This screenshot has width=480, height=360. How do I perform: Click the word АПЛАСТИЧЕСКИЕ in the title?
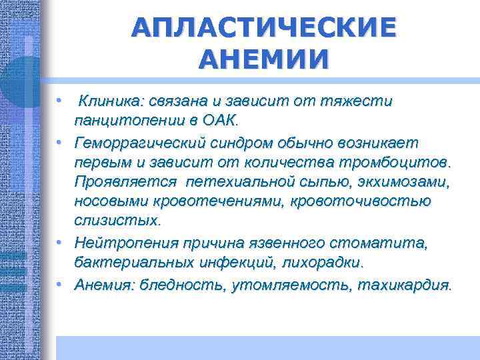pos(263,28)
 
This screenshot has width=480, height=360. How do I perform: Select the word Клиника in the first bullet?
pos(107,101)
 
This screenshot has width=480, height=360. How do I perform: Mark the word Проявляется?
pos(125,182)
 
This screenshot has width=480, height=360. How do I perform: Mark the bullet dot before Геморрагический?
pos(61,141)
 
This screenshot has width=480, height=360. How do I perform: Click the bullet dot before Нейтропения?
pos(61,241)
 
